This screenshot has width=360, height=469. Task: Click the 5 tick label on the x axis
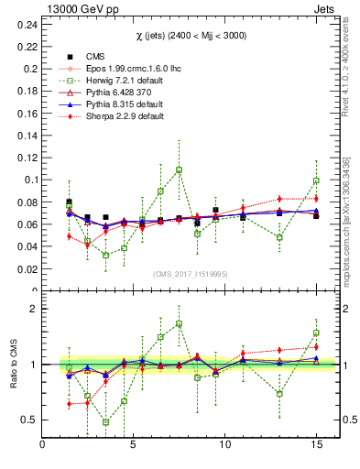click(134, 445)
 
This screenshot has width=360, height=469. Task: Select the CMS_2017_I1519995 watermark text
click(190, 274)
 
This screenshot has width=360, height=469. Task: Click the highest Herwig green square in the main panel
click(179, 169)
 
